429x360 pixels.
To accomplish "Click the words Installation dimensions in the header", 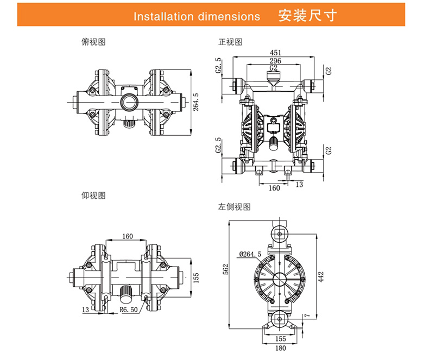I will click(x=197, y=16).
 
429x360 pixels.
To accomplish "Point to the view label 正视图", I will click(x=230, y=42).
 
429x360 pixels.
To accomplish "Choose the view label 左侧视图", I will click(x=235, y=207).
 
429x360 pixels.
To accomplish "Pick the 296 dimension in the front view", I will click(x=275, y=61).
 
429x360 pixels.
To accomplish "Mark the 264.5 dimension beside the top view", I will click(x=196, y=102).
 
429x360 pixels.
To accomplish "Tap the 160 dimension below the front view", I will click(x=274, y=188).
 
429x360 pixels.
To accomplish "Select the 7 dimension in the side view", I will click(x=307, y=314).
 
